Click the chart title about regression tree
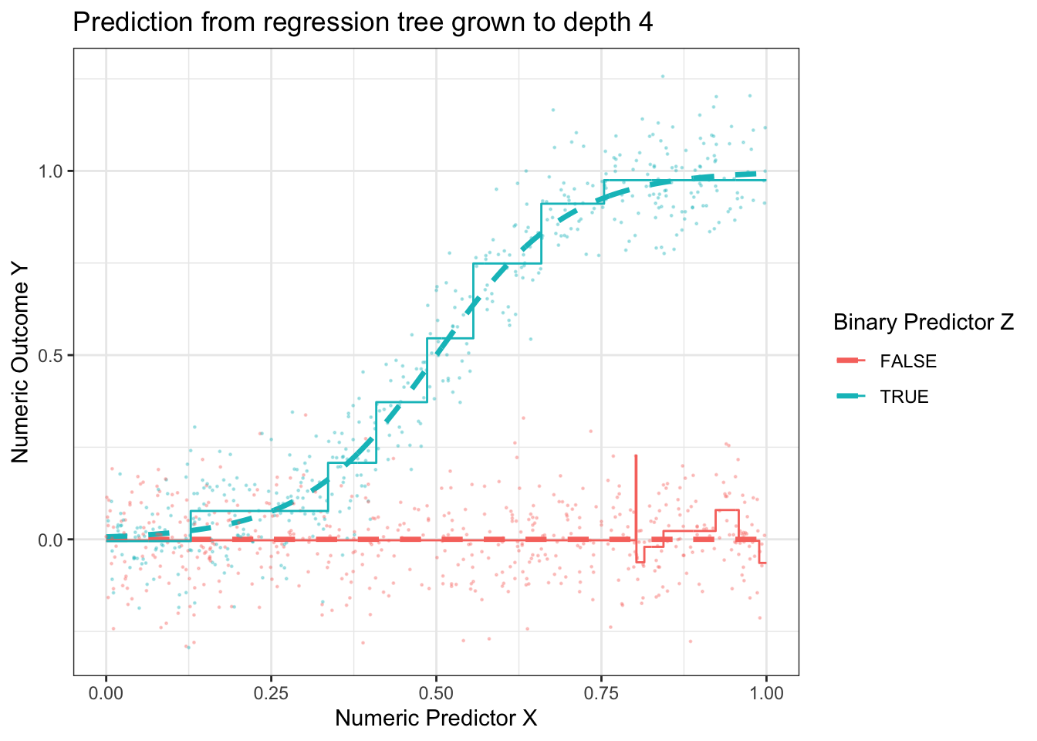[363, 22]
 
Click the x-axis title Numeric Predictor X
[436, 718]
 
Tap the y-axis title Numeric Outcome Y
[21, 361]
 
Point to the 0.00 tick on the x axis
[106, 692]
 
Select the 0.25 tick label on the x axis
[271, 692]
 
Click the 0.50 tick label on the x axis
[436, 692]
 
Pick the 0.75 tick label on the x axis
[601, 692]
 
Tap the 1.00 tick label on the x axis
[766, 692]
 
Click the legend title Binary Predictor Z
[924, 323]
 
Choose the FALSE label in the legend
[908, 361]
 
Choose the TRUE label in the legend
[904, 397]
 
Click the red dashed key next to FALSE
[851, 360]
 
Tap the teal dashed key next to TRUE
[851, 396]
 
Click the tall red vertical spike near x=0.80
[636, 494]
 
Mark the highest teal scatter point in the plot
[662, 76]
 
